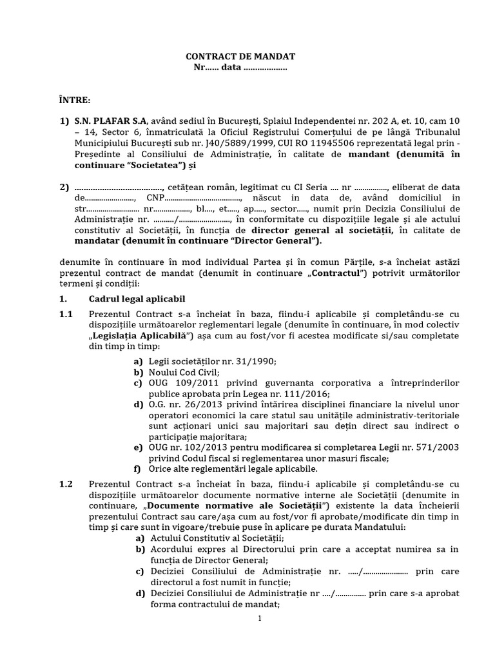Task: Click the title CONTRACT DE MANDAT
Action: click(240, 57)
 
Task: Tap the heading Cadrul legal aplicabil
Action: click(137, 299)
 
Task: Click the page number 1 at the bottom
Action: click(260, 619)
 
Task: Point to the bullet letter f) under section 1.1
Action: click(138, 469)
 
